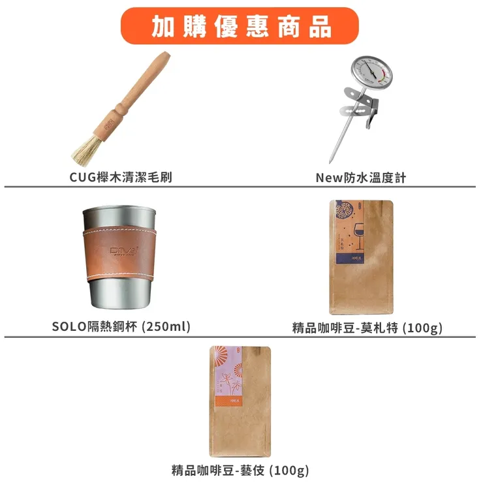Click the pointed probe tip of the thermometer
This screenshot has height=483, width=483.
point(331,160)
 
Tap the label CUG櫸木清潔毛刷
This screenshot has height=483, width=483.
point(121,177)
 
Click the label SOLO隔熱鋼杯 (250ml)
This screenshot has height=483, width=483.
point(121,326)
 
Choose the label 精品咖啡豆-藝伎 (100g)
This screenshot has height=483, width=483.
point(240,470)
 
